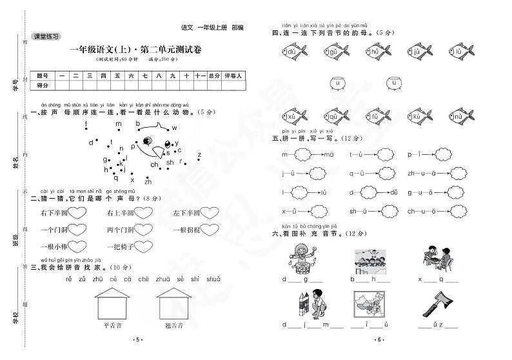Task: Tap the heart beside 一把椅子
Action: (143, 246)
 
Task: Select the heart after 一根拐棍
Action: (212, 230)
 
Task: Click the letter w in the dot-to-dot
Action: (174, 128)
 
